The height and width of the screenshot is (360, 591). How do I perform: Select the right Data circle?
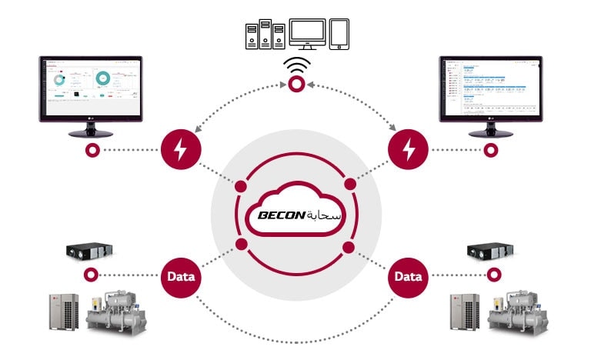409,275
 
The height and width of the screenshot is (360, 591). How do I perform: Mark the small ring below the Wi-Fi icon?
295,88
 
